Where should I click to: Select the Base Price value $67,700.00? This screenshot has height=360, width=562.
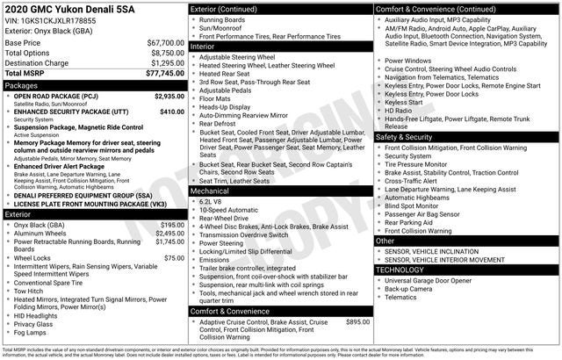[x=165, y=42]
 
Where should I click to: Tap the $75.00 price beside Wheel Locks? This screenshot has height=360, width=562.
[x=174, y=258]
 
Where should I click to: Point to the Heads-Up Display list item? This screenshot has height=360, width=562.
[x=227, y=105]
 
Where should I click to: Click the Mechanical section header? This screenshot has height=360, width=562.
[x=210, y=190]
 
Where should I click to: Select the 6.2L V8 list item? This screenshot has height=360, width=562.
[x=213, y=201]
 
